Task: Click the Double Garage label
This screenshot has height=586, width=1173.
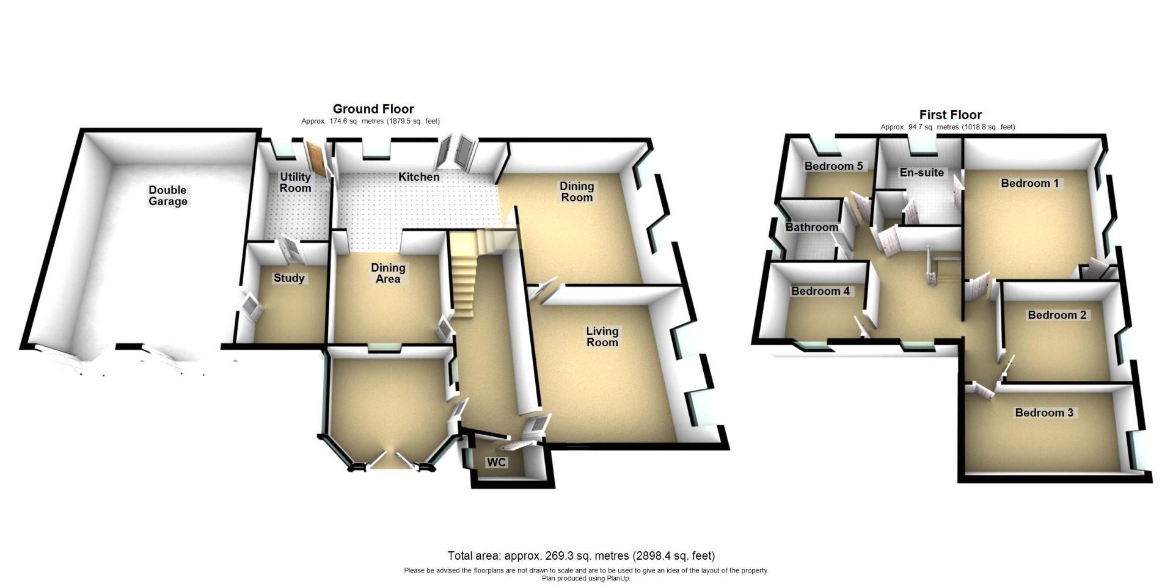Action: pyautogui.click(x=167, y=196)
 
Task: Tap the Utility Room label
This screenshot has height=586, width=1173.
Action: pyautogui.click(x=295, y=183)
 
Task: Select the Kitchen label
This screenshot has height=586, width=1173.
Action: pyautogui.click(x=418, y=177)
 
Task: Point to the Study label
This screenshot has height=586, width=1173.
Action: pyautogui.click(x=289, y=278)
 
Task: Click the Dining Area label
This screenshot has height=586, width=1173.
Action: pyautogui.click(x=388, y=273)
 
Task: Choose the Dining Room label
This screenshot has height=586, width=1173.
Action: pyautogui.click(x=577, y=192)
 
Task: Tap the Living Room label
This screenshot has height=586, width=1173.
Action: pyautogui.click(x=602, y=336)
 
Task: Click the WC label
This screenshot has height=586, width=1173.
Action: pyautogui.click(x=496, y=463)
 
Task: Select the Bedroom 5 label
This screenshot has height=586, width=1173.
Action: pyautogui.click(x=833, y=166)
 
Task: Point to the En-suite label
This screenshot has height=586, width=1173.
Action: pyautogui.click(x=922, y=173)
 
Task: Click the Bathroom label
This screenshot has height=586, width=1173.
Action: pyautogui.click(x=811, y=227)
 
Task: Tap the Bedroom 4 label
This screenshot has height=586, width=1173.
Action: pyautogui.click(x=820, y=291)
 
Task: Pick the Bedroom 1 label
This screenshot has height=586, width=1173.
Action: pyautogui.click(x=1029, y=183)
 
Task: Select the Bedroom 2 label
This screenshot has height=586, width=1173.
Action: pyautogui.click(x=1057, y=315)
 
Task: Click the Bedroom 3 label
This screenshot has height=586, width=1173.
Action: pyautogui.click(x=1044, y=413)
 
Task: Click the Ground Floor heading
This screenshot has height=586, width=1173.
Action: pyautogui.click(x=373, y=109)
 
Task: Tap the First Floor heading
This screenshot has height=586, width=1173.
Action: pyautogui.click(x=950, y=115)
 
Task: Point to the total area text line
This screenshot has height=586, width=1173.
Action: pyautogui.click(x=581, y=556)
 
